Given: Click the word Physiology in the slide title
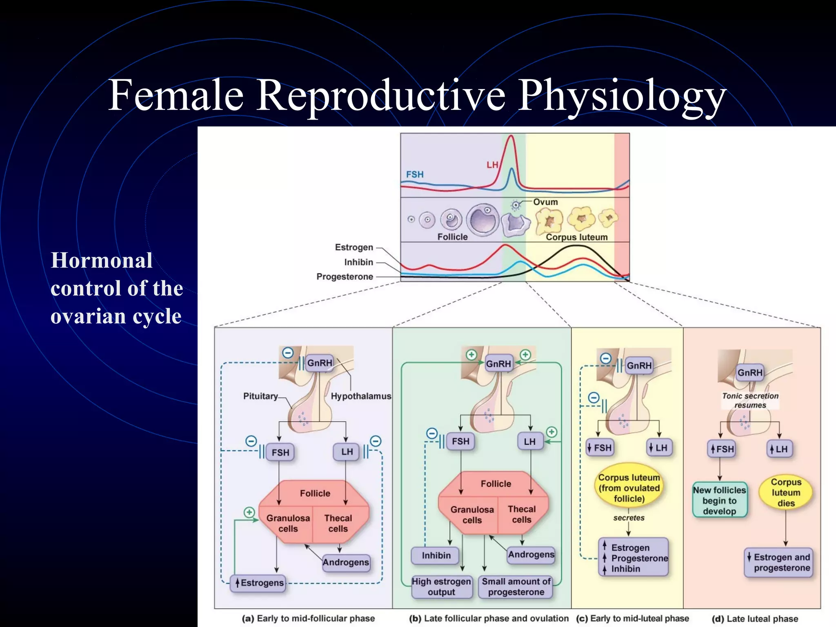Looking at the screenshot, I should [x=622, y=96].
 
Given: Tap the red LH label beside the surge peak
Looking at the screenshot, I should [x=492, y=165].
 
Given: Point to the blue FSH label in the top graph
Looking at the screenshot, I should [x=415, y=174].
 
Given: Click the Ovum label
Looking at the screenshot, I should [x=545, y=202].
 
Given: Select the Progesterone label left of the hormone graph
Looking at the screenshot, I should [x=345, y=277].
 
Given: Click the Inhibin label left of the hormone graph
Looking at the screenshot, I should [x=358, y=262].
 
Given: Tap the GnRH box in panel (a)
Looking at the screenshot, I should [x=320, y=363].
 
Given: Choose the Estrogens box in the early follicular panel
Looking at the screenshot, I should [x=258, y=583].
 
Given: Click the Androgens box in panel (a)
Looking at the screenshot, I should [x=346, y=562].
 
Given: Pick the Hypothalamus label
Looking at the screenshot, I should [x=361, y=396].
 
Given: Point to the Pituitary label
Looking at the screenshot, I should [x=260, y=396].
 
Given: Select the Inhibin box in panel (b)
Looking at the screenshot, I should [x=436, y=556].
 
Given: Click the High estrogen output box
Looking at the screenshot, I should [x=441, y=587].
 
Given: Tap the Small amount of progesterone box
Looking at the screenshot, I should [x=516, y=587].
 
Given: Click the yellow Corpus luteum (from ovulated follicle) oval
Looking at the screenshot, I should [x=629, y=488].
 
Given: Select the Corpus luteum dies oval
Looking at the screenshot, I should [x=786, y=492].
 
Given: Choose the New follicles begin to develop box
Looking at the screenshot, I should [x=719, y=500].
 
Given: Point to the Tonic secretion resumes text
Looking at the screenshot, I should [x=750, y=400].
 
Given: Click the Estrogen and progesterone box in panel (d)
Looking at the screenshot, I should [x=779, y=563].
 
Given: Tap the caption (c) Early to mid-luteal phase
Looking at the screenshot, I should [x=632, y=618].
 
